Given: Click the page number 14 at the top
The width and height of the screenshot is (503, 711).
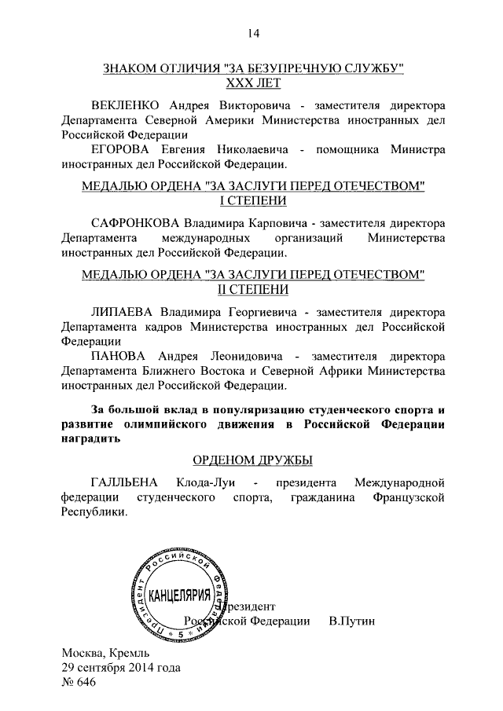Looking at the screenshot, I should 252,33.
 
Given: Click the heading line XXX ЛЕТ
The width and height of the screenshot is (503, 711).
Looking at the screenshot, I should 252,82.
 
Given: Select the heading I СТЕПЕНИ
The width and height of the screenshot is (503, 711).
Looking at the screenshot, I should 252,200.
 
